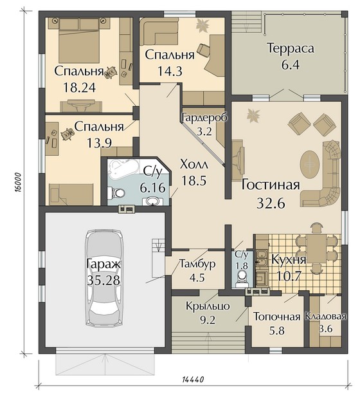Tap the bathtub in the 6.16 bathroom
click(123, 168)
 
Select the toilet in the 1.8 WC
click(241, 280)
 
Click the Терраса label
click(291, 48)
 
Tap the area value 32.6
click(271, 203)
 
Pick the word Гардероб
click(205, 118)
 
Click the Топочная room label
click(277, 317)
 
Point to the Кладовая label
click(326, 317)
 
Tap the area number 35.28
click(104, 281)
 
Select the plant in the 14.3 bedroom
click(203, 26)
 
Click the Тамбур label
click(197, 264)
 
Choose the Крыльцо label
click(208, 306)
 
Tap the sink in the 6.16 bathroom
click(152, 201)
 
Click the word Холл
click(194, 165)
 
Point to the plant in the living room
click(253, 115)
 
